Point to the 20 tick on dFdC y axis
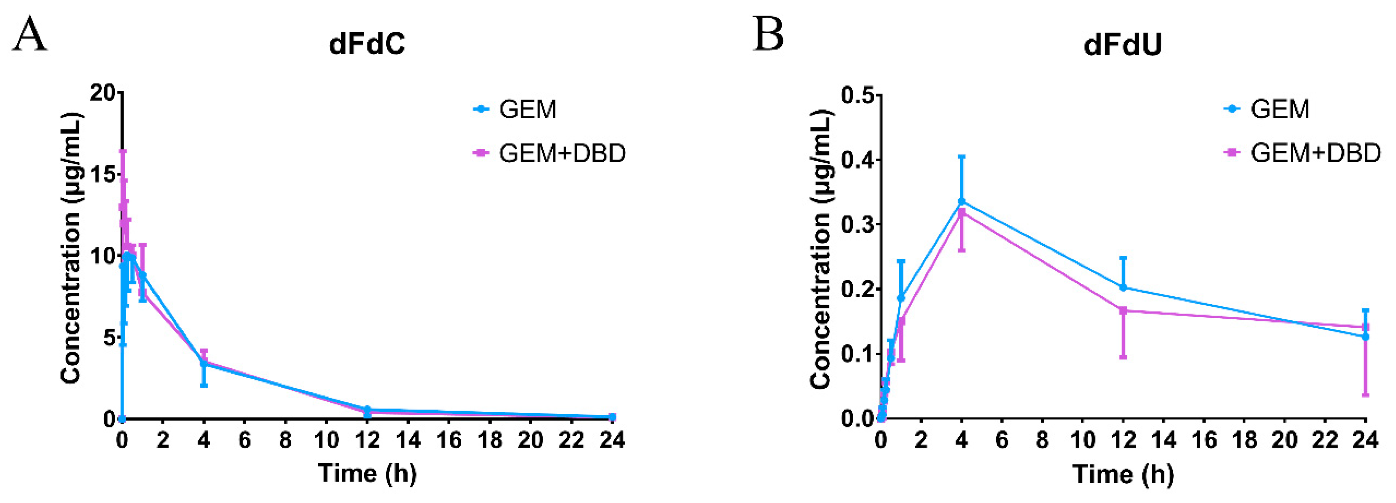(103, 93)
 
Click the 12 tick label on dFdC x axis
(367, 440)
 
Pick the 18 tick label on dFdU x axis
(1244, 440)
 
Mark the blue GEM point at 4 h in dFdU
(961, 201)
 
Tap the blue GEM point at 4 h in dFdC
(204, 364)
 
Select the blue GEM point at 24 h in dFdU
(1365, 337)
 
